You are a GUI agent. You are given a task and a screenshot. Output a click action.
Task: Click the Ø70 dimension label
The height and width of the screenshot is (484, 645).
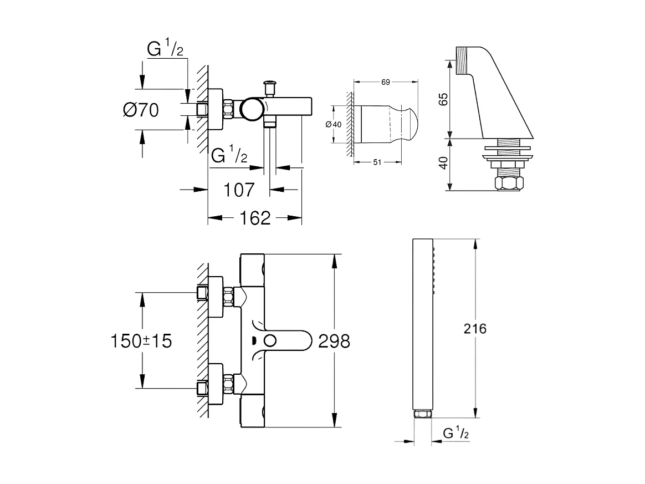pos(141,110)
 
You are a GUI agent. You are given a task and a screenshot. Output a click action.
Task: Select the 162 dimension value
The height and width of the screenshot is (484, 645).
pos(256,218)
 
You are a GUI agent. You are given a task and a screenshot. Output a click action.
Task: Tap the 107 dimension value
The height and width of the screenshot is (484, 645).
pos(239,190)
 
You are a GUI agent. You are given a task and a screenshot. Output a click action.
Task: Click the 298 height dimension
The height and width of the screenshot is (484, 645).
pos(334,341)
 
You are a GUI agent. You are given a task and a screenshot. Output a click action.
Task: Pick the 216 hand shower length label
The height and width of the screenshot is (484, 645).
pos(474,328)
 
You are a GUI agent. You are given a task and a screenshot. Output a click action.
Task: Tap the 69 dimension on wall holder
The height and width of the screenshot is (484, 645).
pos(386,82)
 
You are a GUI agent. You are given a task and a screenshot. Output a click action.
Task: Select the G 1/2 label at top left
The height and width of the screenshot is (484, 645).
pos(165,49)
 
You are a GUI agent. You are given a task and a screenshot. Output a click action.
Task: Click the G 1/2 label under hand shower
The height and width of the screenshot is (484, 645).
pos(455,434)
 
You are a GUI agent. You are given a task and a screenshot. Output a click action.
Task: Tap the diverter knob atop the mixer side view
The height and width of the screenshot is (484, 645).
pos(270,85)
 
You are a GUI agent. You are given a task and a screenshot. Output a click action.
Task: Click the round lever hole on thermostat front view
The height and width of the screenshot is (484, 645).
pos(272,341)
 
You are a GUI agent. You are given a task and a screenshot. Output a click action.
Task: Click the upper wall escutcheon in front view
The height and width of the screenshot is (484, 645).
pos(216,297)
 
